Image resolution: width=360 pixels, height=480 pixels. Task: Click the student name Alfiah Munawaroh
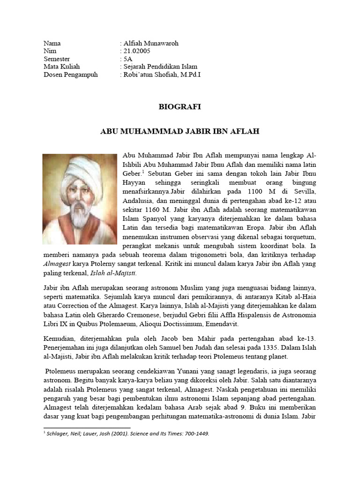[150, 43]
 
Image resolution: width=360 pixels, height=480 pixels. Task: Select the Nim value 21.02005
[137, 51]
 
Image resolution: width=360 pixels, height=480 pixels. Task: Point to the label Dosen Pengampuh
[71, 75]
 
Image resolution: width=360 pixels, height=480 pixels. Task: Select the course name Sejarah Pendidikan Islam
[160, 67]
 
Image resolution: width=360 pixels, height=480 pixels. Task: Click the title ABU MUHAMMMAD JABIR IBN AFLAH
[180, 132]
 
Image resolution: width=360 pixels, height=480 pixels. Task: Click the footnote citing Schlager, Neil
[127, 434]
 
